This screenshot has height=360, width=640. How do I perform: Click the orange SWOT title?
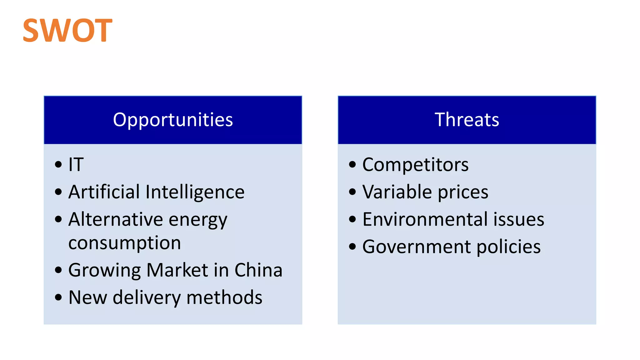[67, 30]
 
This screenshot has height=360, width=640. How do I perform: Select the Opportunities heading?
[173, 120]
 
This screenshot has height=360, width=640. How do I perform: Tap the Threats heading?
[467, 120]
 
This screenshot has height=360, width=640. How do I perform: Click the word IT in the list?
[76, 164]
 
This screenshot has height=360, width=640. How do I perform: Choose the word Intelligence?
[195, 192]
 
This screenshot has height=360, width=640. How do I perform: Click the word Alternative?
[115, 219]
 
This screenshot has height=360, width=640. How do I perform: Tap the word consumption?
[125, 243]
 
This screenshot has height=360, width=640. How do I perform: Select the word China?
[258, 270]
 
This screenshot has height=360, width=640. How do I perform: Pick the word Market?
[177, 270]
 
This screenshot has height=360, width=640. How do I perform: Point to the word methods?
[224, 297]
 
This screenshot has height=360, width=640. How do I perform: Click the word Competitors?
[415, 165]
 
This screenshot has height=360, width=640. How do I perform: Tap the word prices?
[463, 192]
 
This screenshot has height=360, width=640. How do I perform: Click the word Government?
[416, 247]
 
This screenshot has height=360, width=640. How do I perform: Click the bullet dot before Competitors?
[352, 164]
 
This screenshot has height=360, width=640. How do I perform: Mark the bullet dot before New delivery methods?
[58, 297]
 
